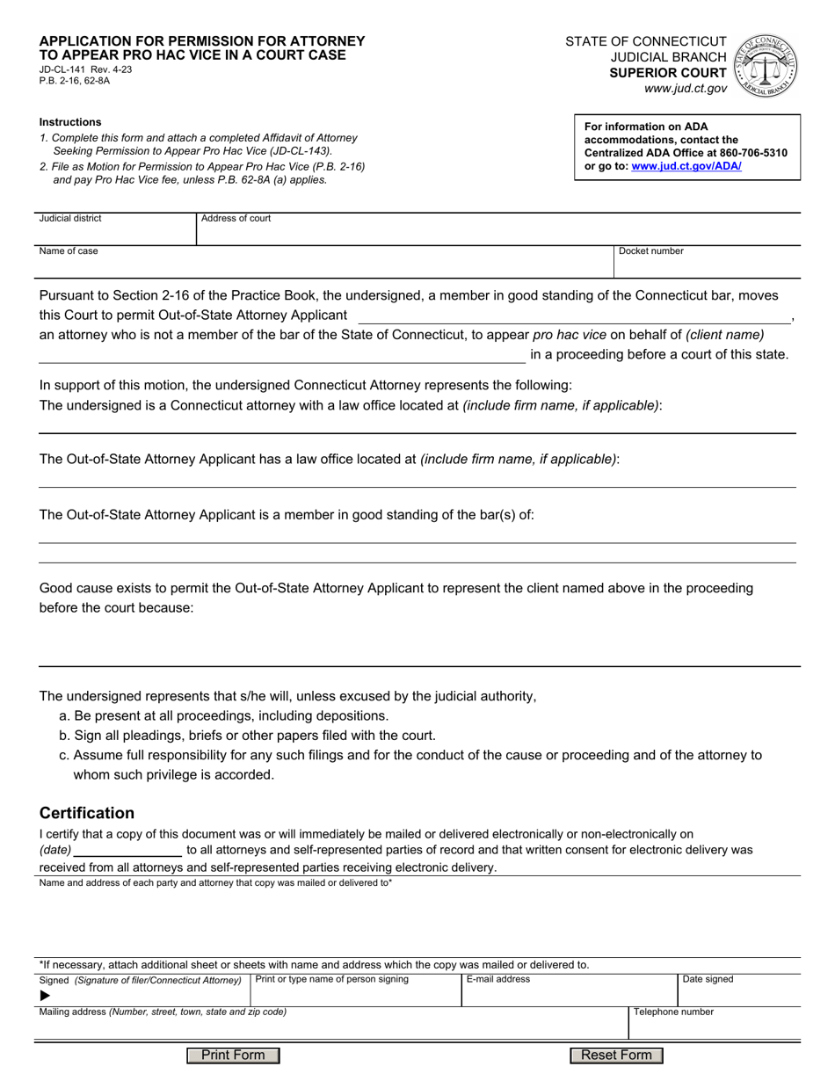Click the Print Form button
click(233, 1056)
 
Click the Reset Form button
click(616, 1056)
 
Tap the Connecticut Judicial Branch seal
click(767, 65)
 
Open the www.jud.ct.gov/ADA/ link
click(686, 165)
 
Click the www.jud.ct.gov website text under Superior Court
click(685, 89)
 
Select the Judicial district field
click(115, 230)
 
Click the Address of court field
click(498, 230)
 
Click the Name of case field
click(325, 264)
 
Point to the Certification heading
click(87, 813)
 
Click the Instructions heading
click(70, 122)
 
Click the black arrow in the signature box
click(46, 996)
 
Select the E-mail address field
click(568, 993)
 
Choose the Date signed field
click(738, 993)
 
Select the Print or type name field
click(355, 993)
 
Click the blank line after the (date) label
click(128, 851)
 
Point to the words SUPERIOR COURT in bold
click(669, 73)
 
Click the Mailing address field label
click(163, 1012)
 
